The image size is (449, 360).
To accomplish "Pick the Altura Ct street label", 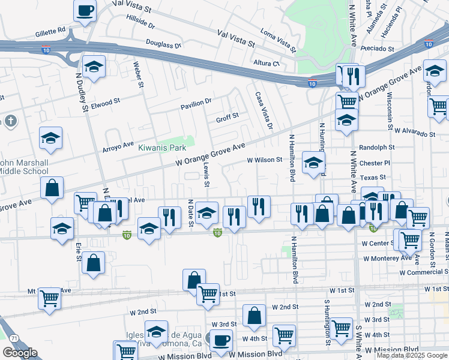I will (267, 62).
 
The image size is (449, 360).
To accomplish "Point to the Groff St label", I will (228, 116).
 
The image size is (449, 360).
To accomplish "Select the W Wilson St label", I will (265, 160).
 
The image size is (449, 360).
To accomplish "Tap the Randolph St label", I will (376, 147).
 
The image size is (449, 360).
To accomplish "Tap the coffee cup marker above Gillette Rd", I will (85, 11).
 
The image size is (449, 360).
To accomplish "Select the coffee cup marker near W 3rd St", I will (220, 340).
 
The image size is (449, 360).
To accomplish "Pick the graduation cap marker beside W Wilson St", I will (313, 163).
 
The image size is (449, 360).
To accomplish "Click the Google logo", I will (20, 353).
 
